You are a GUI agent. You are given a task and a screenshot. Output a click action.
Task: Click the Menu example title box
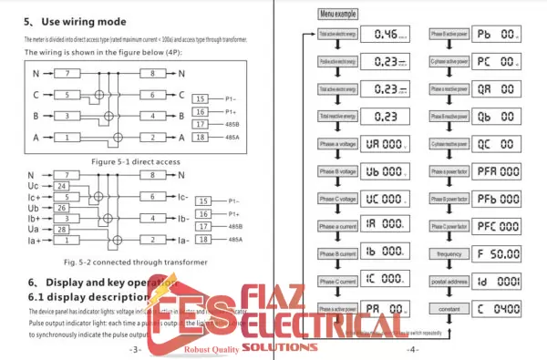point(339,15)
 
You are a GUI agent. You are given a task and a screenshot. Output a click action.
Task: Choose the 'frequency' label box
point(449,253)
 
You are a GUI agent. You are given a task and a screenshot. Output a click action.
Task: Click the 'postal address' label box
point(449,283)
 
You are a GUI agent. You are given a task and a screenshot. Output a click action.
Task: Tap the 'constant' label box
point(449,311)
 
